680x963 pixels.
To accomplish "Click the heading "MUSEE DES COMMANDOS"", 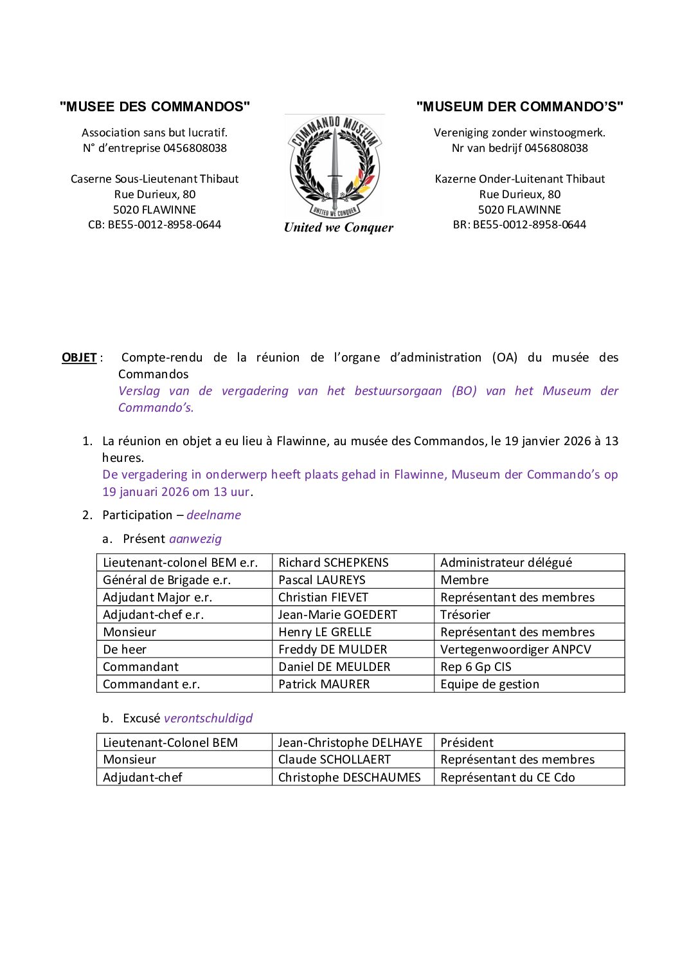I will coord(155,107).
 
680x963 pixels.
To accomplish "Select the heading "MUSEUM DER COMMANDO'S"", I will coord(519,107).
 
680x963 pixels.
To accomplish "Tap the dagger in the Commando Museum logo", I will coord(334,164).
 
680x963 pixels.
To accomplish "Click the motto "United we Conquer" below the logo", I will coord(339,227).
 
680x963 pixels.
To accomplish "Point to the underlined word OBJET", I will coord(79,358).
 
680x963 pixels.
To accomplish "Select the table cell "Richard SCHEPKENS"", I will coord(333,562).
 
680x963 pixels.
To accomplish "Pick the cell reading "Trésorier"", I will coord(465,614).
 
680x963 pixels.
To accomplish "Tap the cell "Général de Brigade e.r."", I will coord(166,580).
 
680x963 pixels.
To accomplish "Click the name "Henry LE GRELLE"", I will coord(325,632).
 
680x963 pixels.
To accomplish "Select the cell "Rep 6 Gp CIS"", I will coord(476,666).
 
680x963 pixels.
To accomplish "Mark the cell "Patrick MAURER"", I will coord(324,684).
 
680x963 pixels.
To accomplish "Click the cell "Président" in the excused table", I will coord(467,742).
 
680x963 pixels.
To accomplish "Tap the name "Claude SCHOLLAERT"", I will coord(334,759).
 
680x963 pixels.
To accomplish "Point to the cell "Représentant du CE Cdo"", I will coord(507,777).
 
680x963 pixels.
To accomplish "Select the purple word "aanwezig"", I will coord(195,538).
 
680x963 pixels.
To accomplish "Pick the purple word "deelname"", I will coord(213,515).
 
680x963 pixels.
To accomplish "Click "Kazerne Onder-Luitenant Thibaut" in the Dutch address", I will coord(519,179).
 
